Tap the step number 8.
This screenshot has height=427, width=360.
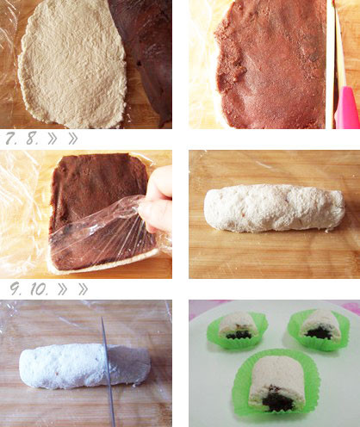(x=33, y=139)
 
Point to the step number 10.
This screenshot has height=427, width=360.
(x=40, y=289)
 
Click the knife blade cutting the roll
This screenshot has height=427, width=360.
(x=109, y=372)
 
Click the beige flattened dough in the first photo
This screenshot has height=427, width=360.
(x=71, y=65)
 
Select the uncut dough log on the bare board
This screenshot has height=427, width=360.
(x=274, y=208)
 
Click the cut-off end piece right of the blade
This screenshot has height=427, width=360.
(x=128, y=365)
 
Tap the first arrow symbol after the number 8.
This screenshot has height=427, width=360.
(x=53, y=139)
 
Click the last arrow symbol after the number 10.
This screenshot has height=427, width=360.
(x=83, y=289)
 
